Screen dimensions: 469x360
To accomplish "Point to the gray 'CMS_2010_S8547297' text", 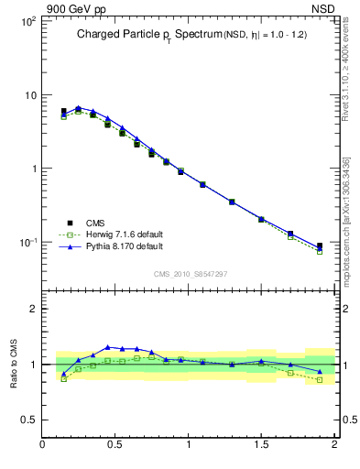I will point(190,274).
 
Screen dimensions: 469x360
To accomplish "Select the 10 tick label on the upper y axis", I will point(28,94).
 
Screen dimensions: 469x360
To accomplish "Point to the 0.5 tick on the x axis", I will point(115,444).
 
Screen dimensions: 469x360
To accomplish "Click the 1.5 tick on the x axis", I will point(261,444).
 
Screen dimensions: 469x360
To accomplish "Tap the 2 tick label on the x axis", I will point(333,444).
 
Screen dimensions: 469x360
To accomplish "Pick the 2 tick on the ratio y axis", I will point(32,309).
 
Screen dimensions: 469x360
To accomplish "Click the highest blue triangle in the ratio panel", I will point(108,347).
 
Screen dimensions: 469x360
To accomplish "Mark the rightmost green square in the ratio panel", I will point(320,379).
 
